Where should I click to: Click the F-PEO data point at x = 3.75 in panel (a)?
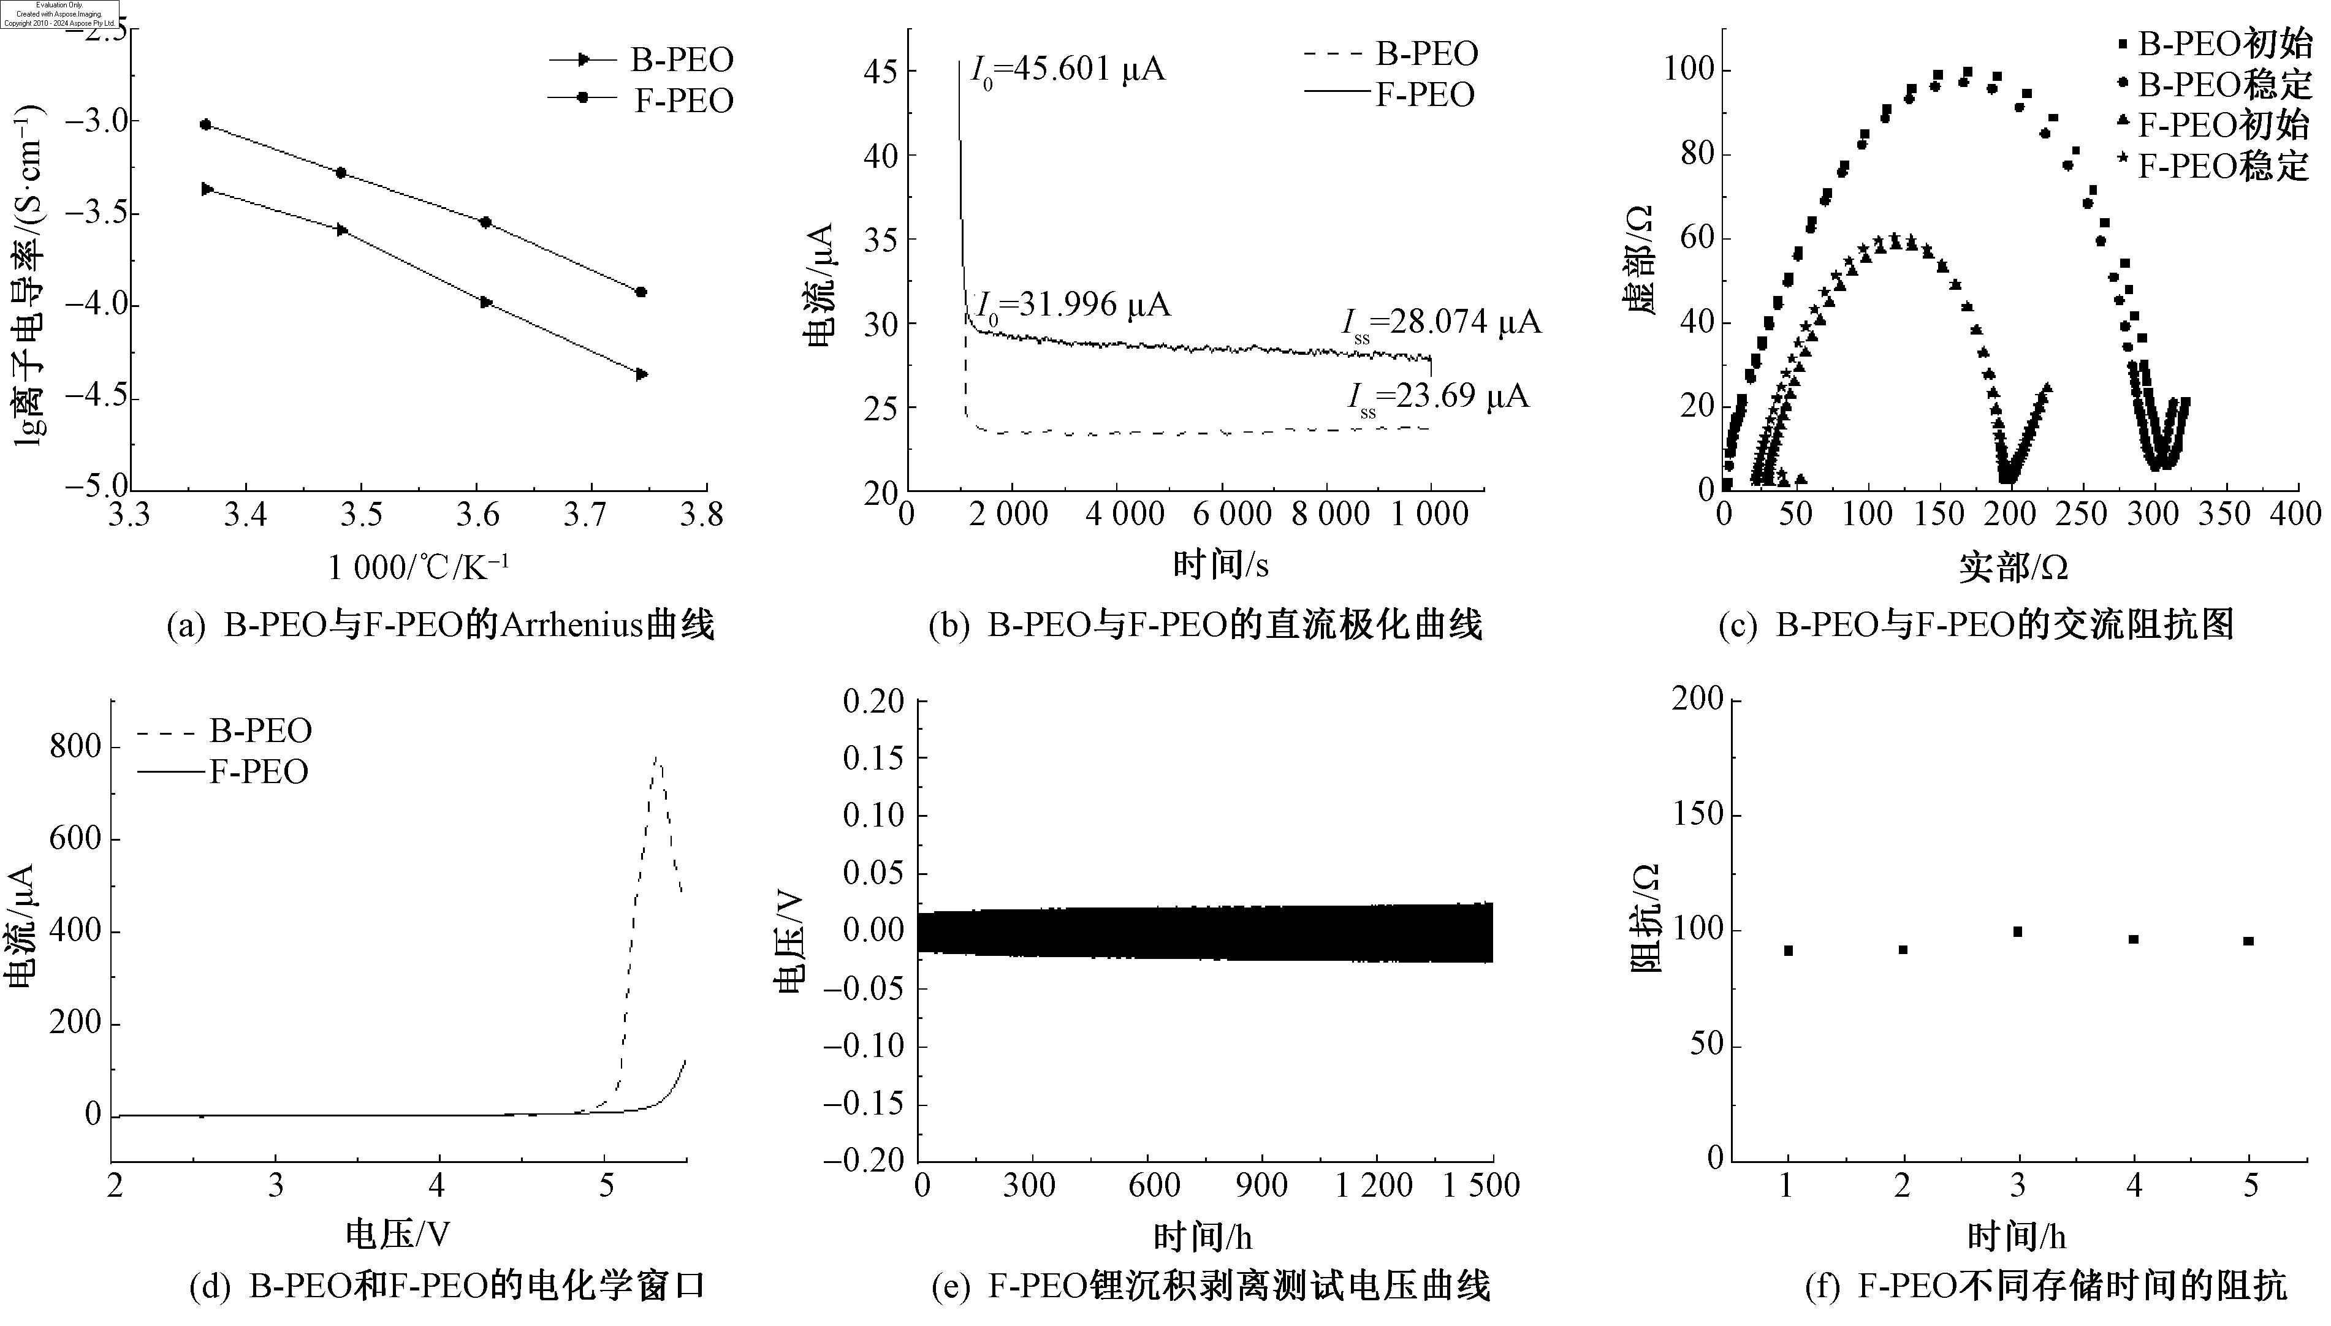pos(641,292)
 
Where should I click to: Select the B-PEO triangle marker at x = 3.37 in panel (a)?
pos(207,189)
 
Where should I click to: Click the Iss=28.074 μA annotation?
pos(1441,324)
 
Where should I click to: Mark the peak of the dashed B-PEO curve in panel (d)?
pos(656,758)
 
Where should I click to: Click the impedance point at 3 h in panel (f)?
pos(2018,931)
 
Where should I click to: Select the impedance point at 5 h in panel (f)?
pos(2248,941)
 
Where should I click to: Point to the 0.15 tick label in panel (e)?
pos(873,758)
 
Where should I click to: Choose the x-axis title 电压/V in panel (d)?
pos(398,1234)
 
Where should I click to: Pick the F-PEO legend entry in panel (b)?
pos(1389,95)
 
